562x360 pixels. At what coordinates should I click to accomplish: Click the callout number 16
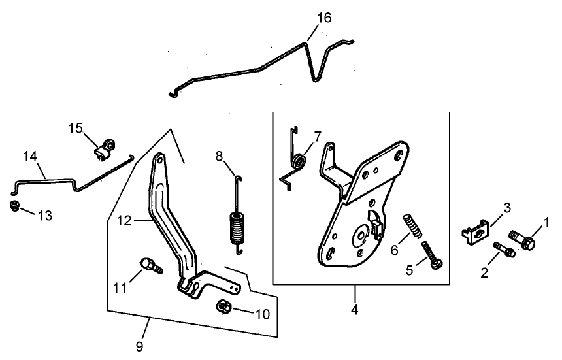pos(324,18)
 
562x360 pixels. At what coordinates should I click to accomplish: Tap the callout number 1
pos(546,223)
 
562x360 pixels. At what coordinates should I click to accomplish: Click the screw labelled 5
pos(432,255)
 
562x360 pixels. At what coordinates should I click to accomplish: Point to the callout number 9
pos(138,344)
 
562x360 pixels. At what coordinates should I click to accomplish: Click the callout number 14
pos(30,157)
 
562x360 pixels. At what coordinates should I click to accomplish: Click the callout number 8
pos(219,156)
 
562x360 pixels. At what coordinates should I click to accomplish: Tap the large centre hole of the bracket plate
pos(361,235)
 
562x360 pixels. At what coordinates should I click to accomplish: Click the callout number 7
pos(317,137)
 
